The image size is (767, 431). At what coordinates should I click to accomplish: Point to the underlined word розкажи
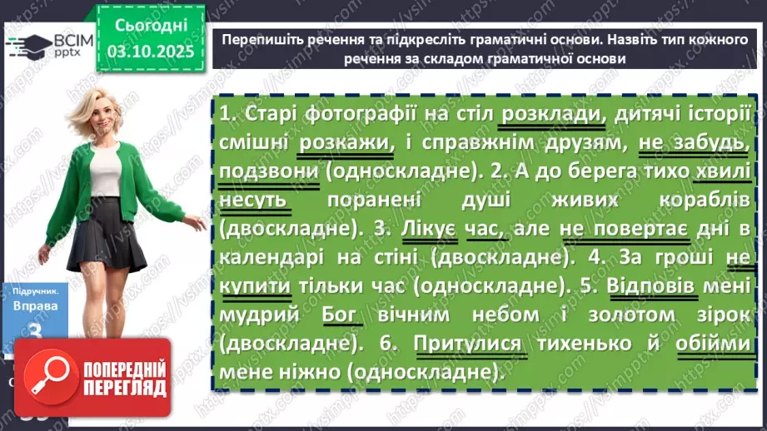(333, 144)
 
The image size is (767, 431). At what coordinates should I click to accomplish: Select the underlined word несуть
(254, 201)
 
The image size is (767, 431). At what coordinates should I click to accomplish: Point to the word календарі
(266, 258)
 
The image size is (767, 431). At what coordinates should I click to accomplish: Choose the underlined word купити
(256, 286)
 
